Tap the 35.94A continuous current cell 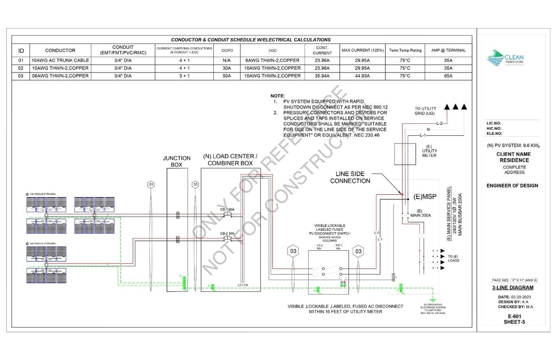pos(322,76)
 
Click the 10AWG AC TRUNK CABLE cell pos(60,60)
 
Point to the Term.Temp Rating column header pos(405,50)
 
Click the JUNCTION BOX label pos(177,161)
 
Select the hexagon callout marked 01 pos(150,184)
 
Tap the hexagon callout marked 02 pos(195,184)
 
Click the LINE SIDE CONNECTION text pos(350,177)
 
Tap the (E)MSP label pos(424,197)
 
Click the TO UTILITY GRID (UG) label pos(426,111)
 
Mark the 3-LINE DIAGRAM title pos(512,288)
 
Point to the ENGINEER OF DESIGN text pos(512,186)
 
